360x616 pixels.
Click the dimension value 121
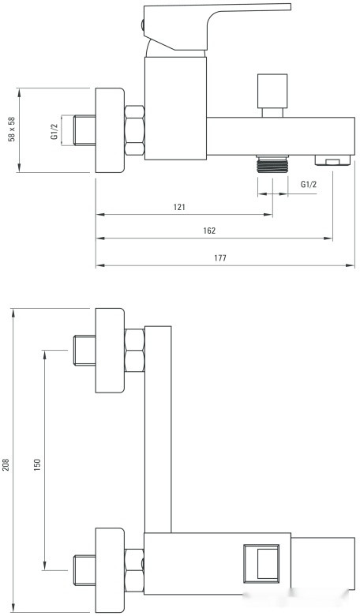point(179,207)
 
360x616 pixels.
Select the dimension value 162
point(209,231)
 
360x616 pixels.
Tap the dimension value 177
point(220,258)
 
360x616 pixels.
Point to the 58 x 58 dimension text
point(12,130)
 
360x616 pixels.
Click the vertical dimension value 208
point(6,464)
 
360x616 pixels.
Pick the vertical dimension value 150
point(37,464)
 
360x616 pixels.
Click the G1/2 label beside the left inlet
point(54,131)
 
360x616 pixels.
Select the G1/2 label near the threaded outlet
point(309,184)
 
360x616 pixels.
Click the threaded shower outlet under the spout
point(272,163)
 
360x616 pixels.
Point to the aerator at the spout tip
point(332,160)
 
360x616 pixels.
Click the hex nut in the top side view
point(134,130)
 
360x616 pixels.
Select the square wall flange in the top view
point(110,130)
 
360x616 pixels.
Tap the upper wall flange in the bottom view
point(110,351)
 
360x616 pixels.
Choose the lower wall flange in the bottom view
point(110,570)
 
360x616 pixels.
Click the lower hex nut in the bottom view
point(134,570)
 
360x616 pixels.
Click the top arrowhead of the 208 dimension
point(13,313)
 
